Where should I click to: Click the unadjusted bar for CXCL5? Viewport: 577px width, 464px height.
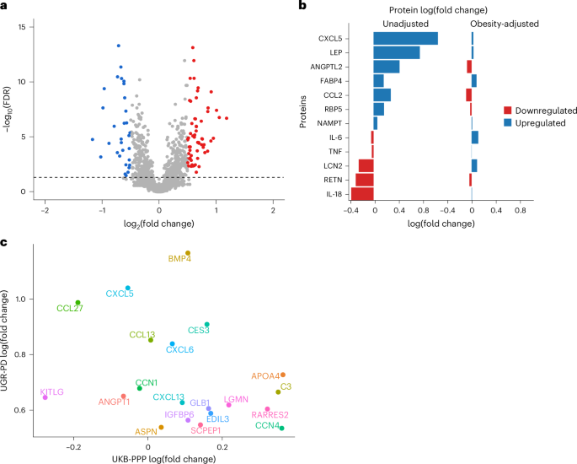click(x=406, y=39)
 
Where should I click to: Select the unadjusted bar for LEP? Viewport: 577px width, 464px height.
click(x=397, y=53)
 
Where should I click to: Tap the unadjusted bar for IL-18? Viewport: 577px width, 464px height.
click(x=362, y=193)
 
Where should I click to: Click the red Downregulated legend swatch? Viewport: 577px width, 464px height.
click(x=508, y=111)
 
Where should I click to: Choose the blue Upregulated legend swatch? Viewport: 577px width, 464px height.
click(x=508, y=122)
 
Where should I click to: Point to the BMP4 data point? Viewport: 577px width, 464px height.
click(x=188, y=252)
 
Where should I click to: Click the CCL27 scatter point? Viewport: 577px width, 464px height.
click(x=77, y=303)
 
